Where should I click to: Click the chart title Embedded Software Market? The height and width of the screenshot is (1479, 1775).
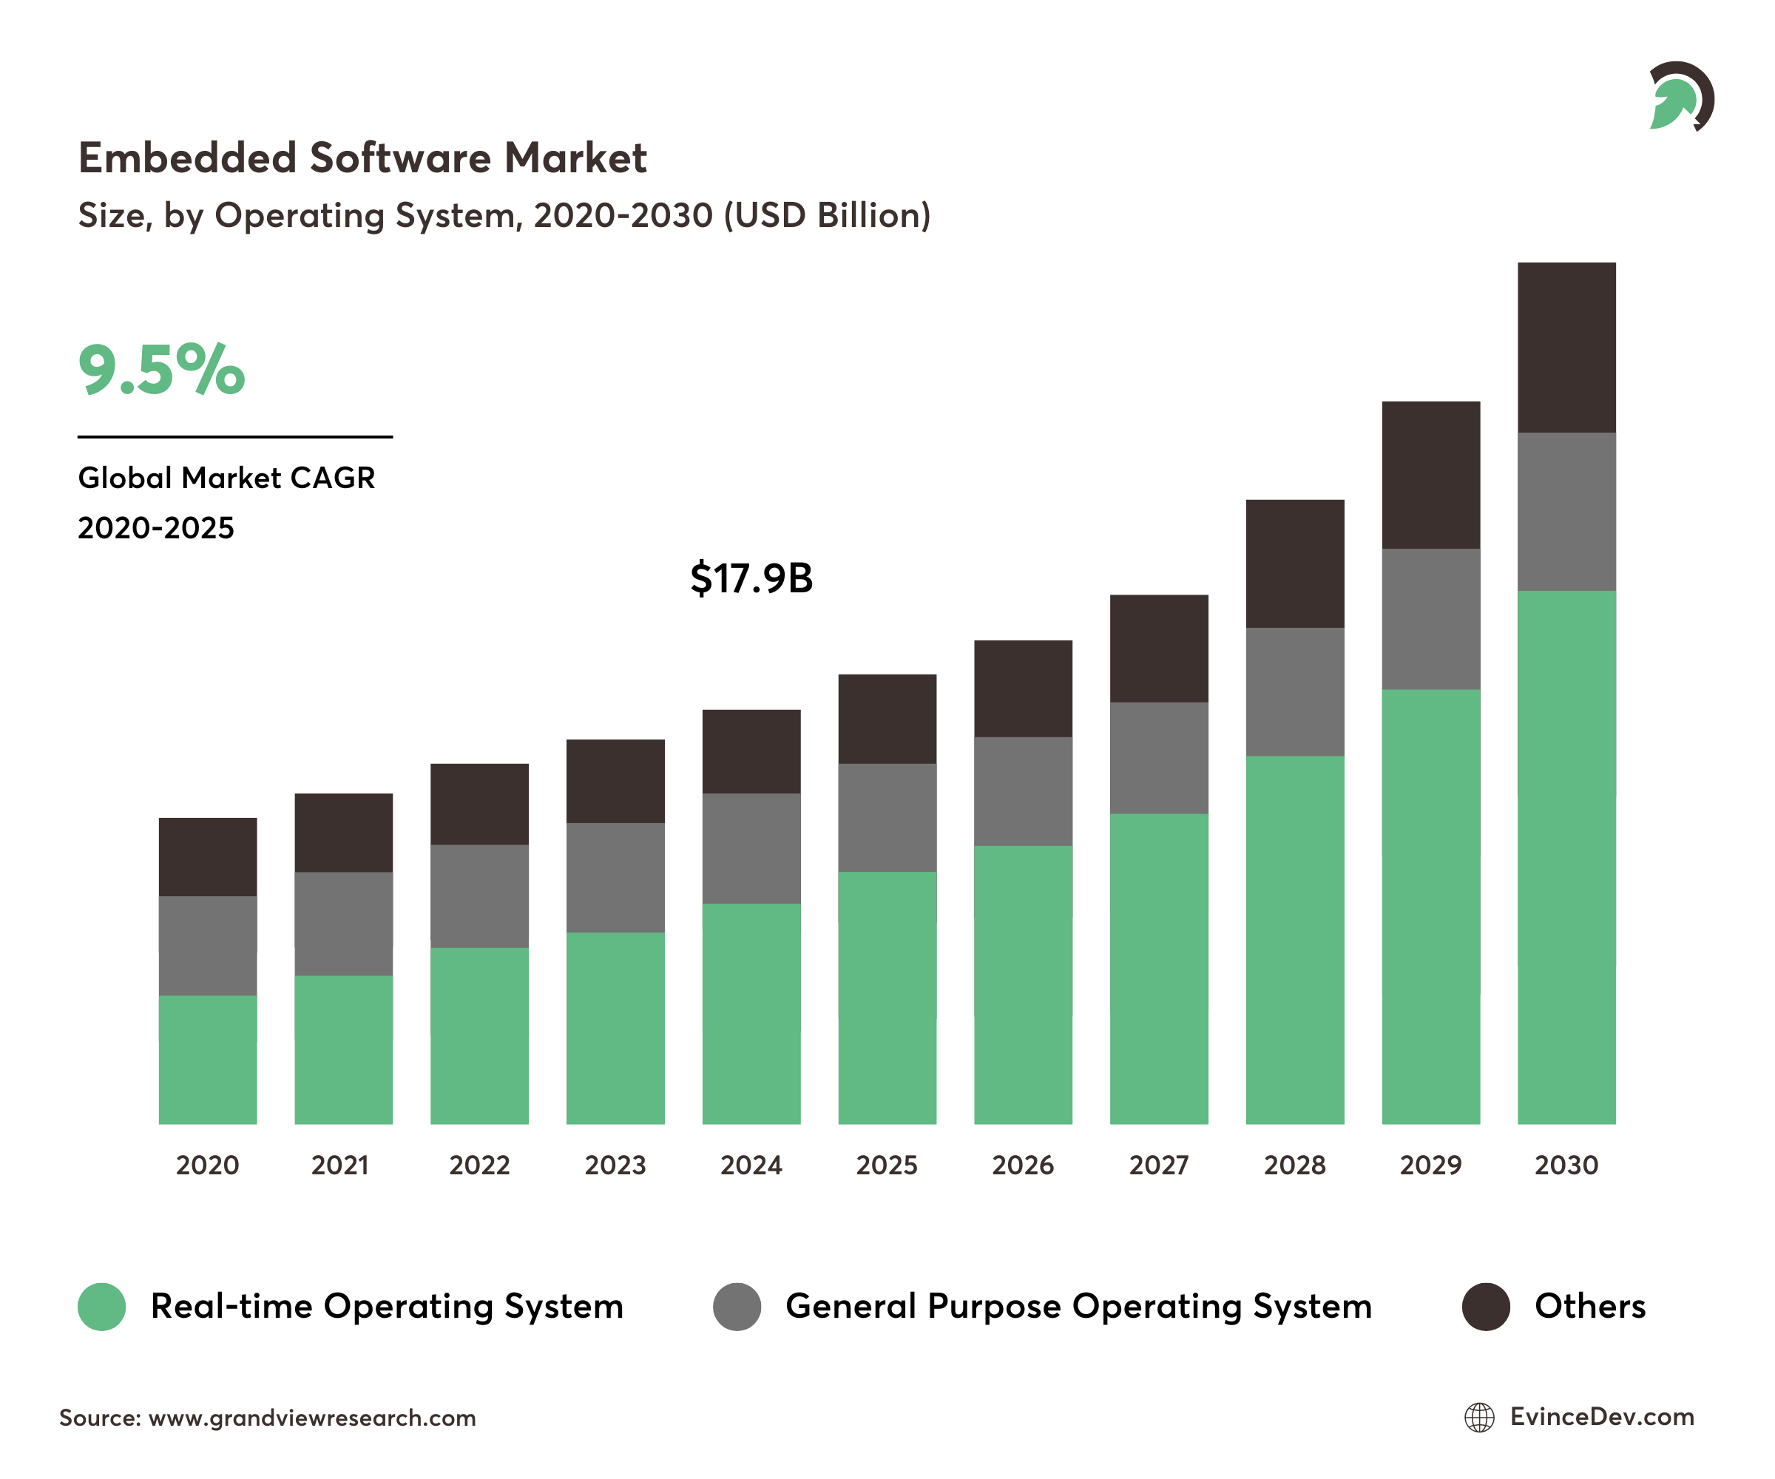point(362,158)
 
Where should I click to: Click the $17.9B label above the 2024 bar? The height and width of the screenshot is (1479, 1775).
point(751,579)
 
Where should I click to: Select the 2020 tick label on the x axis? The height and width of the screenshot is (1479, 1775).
point(207,1165)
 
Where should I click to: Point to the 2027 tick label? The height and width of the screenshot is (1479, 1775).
point(1158,1165)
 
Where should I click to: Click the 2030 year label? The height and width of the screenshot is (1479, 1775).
point(1566,1165)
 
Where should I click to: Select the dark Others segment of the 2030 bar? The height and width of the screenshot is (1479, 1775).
point(1566,348)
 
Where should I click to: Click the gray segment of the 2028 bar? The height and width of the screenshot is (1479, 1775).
point(1294,691)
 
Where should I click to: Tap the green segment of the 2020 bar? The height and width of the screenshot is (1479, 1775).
point(207,1059)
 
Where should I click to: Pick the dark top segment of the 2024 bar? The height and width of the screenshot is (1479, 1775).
point(751,751)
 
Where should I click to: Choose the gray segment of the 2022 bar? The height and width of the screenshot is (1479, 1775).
point(479,896)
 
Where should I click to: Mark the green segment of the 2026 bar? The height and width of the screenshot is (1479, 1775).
point(1023,984)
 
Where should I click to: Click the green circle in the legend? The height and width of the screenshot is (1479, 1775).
point(101,1307)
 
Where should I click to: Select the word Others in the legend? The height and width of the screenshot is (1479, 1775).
point(1589,1307)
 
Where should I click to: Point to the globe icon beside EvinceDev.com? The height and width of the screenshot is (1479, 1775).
point(1478,1418)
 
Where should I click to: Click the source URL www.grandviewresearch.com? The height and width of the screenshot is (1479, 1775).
point(312,1418)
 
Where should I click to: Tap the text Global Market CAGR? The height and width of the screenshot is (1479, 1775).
point(226,478)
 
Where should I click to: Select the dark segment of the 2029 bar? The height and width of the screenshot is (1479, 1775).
point(1430,475)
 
